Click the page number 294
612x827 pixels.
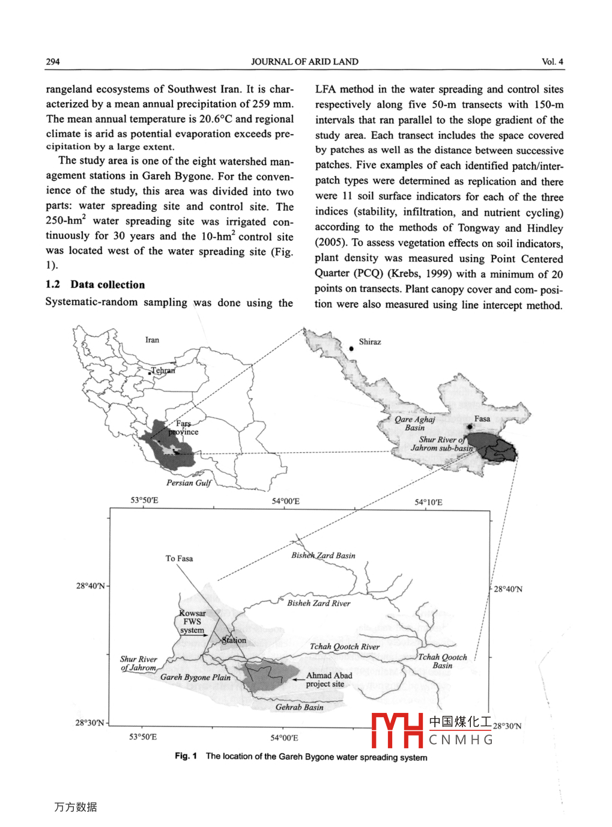pyautogui.click(x=53, y=61)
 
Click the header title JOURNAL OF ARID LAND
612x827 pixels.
pyautogui.click(x=304, y=61)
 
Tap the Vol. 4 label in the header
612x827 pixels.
pyautogui.click(x=552, y=61)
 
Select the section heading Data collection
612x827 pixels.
pyautogui.click(x=108, y=285)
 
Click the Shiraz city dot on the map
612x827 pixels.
pyautogui.click(x=351, y=348)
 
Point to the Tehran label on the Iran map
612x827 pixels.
pyautogui.click(x=163, y=371)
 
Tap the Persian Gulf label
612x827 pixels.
pyautogui.click(x=189, y=483)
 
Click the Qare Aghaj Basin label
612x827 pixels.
pyautogui.click(x=414, y=423)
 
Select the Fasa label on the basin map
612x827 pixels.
pyautogui.click(x=482, y=419)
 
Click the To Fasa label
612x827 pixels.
pyautogui.click(x=179, y=559)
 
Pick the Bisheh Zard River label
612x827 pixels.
pyautogui.click(x=318, y=603)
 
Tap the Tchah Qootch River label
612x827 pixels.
pyautogui.click(x=344, y=647)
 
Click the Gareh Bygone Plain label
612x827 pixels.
pyautogui.click(x=195, y=677)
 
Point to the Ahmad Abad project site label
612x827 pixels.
pyautogui.click(x=329, y=679)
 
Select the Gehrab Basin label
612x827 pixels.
pyautogui.click(x=299, y=707)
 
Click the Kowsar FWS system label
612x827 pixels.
pyautogui.click(x=192, y=622)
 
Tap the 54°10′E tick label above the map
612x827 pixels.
pyautogui.click(x=428, y=502)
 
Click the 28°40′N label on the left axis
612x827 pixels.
pyautogui.click(x=90, y=586)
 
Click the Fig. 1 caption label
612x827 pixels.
pyautogui.click(x=186, y=756)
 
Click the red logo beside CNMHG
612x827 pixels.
pyautogui.click(x=397, y=730)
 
